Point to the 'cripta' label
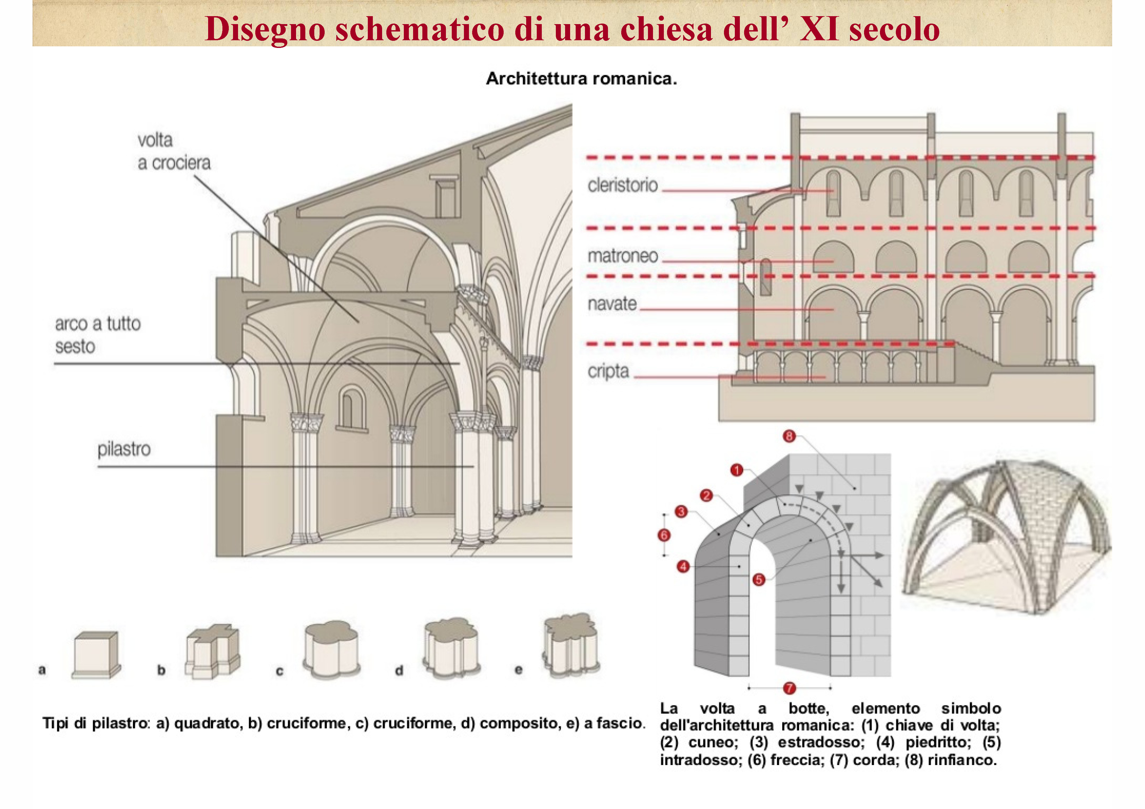click(x=608, y=371)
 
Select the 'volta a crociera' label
click(x=174, y=151)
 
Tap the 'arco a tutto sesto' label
click(x=98, y=335)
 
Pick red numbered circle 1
click(x=737, y=470)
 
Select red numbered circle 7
click(x=789, y=688)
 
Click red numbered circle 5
click(x=758, y=580)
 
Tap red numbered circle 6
click(x=664, y=535)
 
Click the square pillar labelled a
click(x=96, y=655)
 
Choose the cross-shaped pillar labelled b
click(x=212, y=651)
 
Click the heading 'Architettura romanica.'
click(x=582, y=79)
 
